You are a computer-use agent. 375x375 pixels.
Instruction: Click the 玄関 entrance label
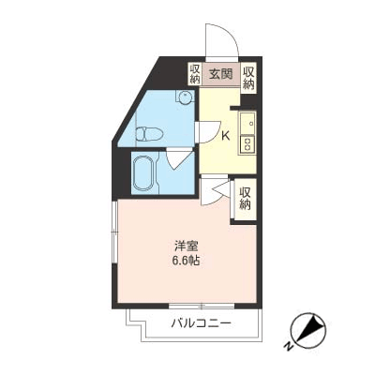pyautogui.click(x=221, y=74)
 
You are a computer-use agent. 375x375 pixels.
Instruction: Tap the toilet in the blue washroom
pyautogui.click(x=150, y=134)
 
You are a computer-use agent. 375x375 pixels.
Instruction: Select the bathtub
pyautogui.click(x=143, y=172)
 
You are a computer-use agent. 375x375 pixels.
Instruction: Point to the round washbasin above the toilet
pyautogui.click(x=185, y=97)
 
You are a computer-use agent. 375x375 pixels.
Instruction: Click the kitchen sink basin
pyautogui.click(x=247, y=123)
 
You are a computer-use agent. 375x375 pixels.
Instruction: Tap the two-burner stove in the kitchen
pyautogui.click(x=247, y=144)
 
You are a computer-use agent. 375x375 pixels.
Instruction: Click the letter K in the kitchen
pyautogui.click(x=225, y=136)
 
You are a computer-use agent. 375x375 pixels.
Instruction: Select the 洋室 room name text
pyautogui.click(x=186, y=247)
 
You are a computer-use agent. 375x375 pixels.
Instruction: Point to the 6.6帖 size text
pyautogui.click(x=186, y=261)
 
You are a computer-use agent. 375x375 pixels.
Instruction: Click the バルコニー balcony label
pyautogui.click(x=201, y=323)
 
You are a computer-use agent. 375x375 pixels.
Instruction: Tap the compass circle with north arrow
pyautogui.click(x=308, y=331)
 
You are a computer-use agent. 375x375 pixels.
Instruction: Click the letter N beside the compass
pyautogui.click(x=289, y=346)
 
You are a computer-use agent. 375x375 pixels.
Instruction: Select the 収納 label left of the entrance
pyautogui.click(x=194, y=74)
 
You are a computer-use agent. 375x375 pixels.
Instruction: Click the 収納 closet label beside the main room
pyautogui.click(x=246, y=199)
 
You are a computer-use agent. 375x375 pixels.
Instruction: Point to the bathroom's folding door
pyautogui.click(x=179, y=158)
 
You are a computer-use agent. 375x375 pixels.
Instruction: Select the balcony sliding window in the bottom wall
pyautogui.click(x=202, y=306)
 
